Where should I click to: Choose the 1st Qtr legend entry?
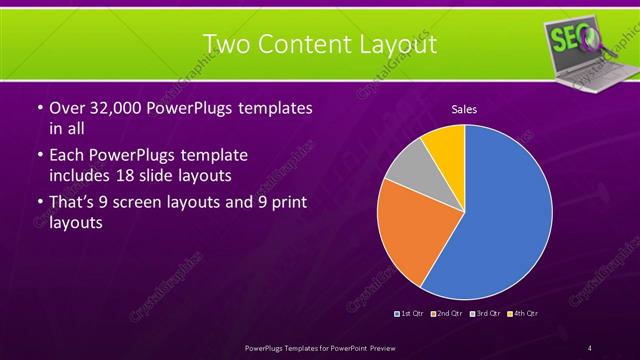[411, 314]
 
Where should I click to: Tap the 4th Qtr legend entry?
[521, 314]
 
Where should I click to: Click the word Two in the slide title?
[226, 44]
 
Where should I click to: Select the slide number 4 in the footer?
[589, 347]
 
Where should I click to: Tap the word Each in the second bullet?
[67, 156]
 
